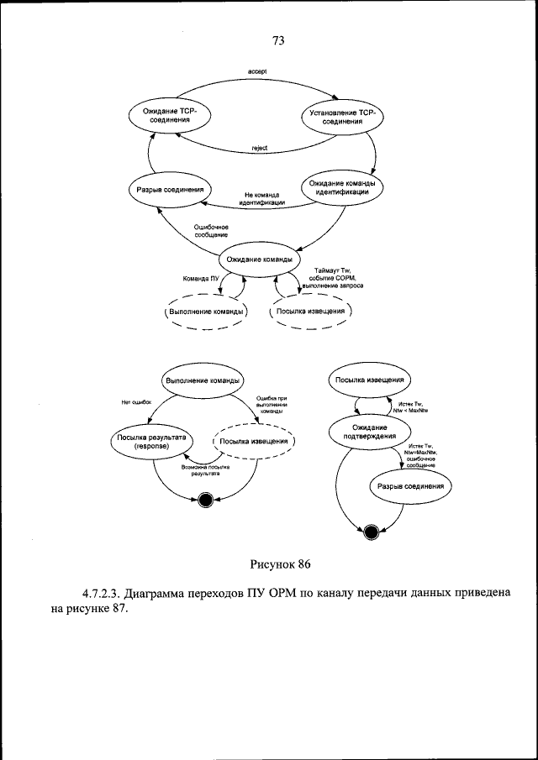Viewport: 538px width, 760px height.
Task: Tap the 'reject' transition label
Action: (x=260, y=148)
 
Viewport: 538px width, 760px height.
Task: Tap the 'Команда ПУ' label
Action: (x=201, y=278)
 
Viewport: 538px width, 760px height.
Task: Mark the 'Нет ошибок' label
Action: (x=135, y=402)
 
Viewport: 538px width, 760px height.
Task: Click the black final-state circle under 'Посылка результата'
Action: (x=203, y=502)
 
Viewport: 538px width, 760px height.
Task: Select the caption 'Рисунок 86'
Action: (x=280, y=561)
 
